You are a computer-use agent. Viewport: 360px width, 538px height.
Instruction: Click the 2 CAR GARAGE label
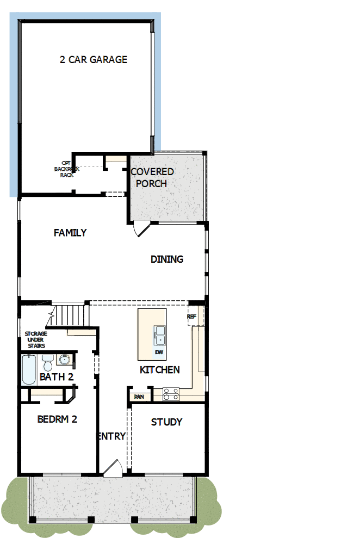93,59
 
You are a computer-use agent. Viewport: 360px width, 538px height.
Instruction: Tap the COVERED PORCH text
152,177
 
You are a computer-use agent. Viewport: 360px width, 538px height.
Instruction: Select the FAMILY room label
70,233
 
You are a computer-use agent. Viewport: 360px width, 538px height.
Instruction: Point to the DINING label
167,259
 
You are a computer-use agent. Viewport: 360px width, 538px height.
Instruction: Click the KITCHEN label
160,370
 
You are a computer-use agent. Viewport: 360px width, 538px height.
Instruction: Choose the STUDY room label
166,422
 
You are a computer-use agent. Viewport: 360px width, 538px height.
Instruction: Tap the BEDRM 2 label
57,419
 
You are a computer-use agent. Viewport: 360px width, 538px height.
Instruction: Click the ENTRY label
111,436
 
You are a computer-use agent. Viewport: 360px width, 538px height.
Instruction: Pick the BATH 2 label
56,377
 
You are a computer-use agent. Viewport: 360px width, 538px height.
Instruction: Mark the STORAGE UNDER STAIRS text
36,339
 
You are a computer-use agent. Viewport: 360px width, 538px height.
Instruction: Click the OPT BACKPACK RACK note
66,169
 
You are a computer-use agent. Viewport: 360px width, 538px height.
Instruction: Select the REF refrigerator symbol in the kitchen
191,317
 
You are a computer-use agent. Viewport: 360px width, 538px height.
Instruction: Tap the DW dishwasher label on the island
159,352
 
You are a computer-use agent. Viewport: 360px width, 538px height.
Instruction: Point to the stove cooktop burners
171,393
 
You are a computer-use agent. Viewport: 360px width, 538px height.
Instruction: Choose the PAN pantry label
138,397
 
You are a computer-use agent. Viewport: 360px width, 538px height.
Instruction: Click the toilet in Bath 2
48,361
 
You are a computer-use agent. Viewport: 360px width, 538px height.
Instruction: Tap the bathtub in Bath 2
29,370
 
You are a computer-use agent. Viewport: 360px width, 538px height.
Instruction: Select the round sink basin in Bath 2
65,360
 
